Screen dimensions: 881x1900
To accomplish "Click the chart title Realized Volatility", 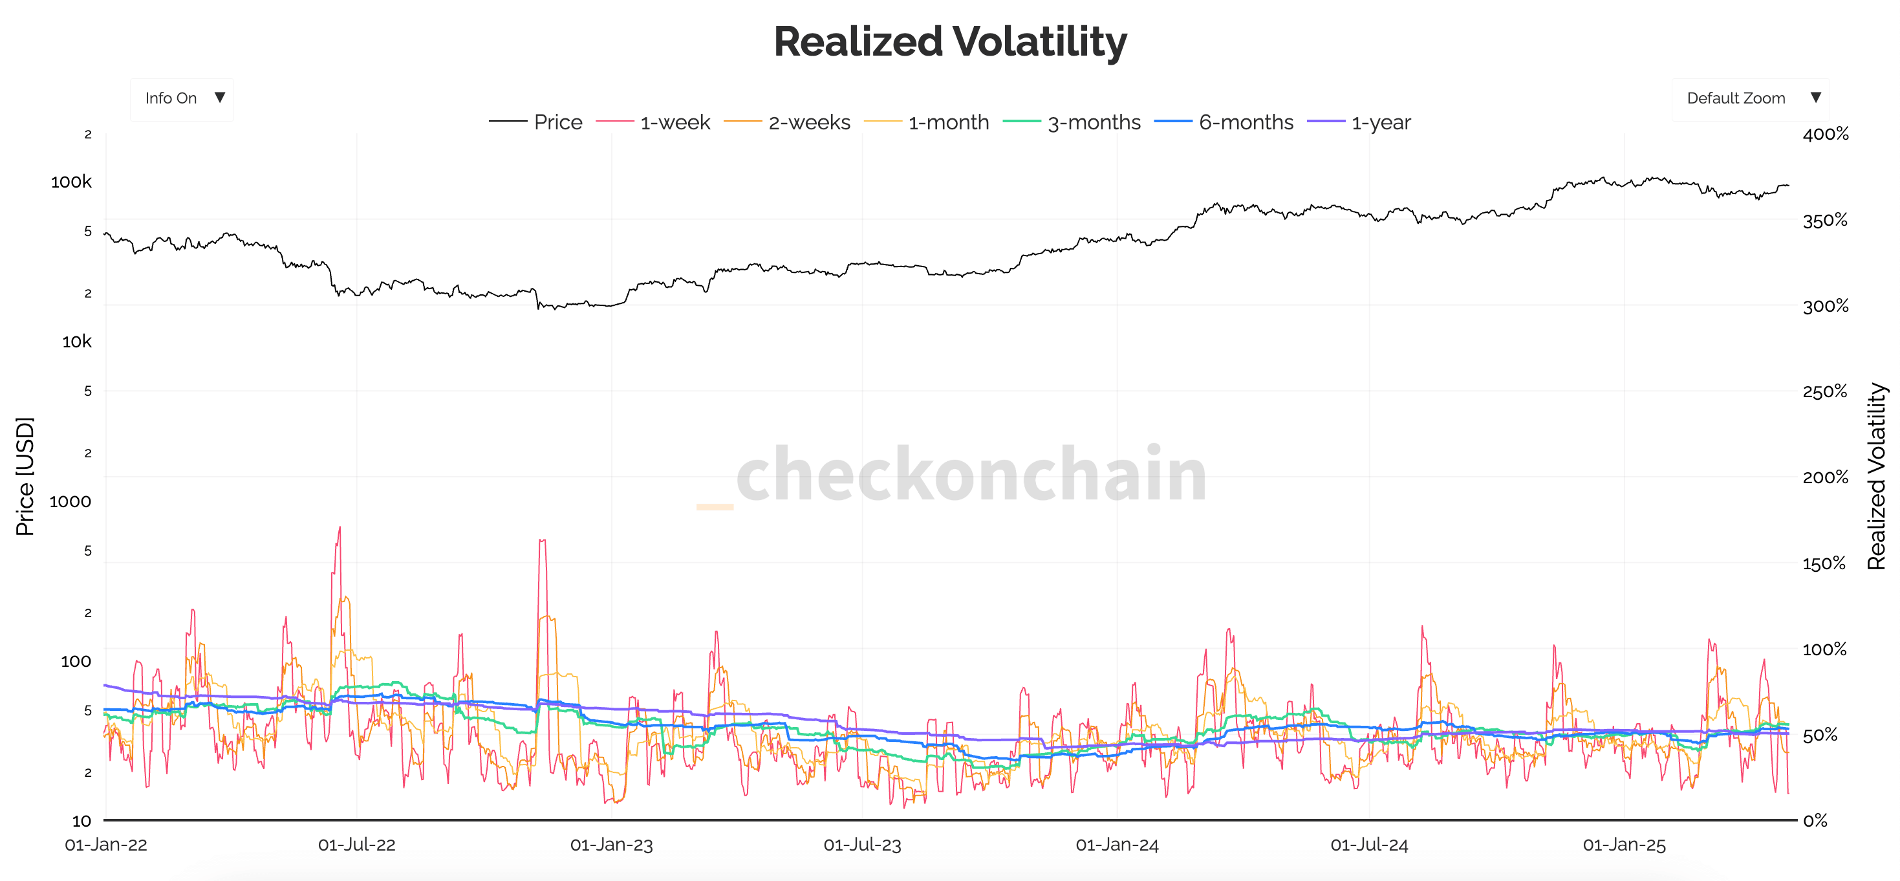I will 949,41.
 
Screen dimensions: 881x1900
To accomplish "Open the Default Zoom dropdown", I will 1749,98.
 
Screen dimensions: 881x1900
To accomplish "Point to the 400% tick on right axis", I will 1825,135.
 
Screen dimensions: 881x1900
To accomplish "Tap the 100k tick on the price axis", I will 72,182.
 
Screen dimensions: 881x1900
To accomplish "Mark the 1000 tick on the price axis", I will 70,502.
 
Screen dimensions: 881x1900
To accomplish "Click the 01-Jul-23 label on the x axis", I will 861,845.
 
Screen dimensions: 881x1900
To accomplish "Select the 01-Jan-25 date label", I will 1623,845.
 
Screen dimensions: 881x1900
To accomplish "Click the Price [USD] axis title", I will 25,476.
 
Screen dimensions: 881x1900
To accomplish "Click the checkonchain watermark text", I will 970,474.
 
